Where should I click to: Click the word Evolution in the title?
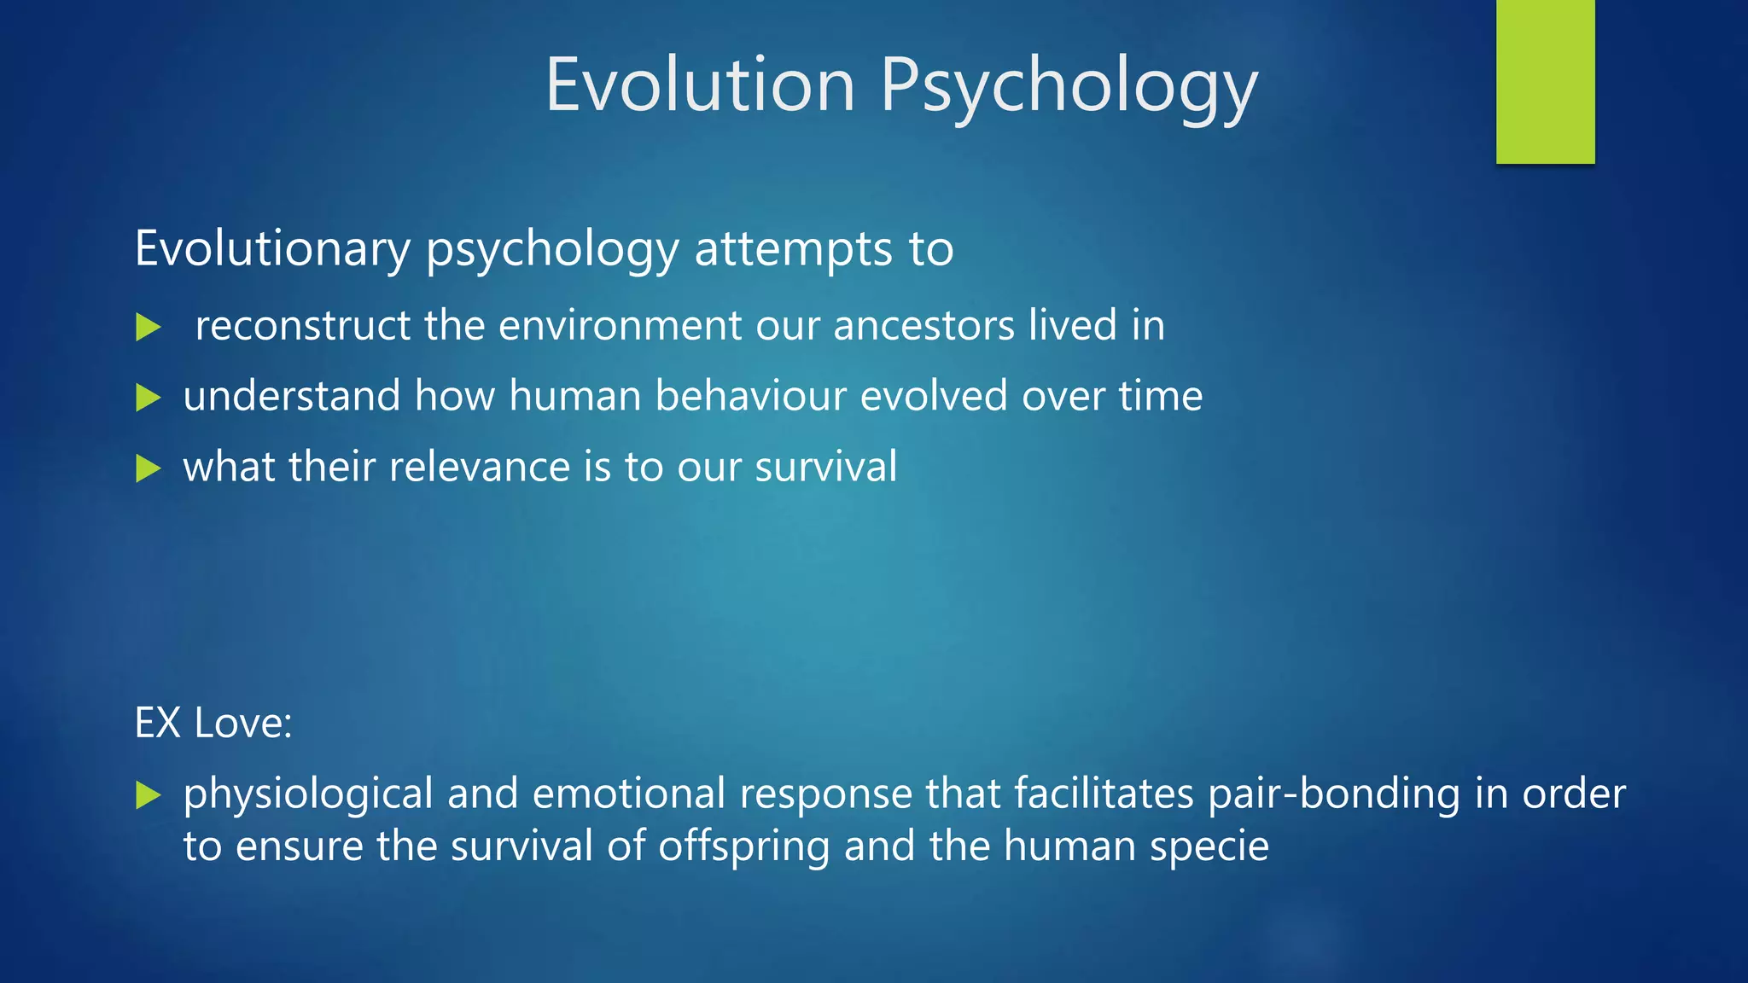pyautogui.click(x=700, y=84)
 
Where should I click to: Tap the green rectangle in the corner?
pyautogui.click(x=1545, y=81)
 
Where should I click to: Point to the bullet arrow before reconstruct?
pyautogui.click(x=149, y=327)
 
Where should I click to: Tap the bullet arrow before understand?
pyautogui.click(x=149, y=398)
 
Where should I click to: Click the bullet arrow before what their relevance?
pyautogui.click(x=149, y=468)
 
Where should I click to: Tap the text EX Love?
pyautogui.click(x=213, y=724)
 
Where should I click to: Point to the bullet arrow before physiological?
pyautogui.click(x=149, y=796)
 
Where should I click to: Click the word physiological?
pyautogui.click(x=308, y=794)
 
